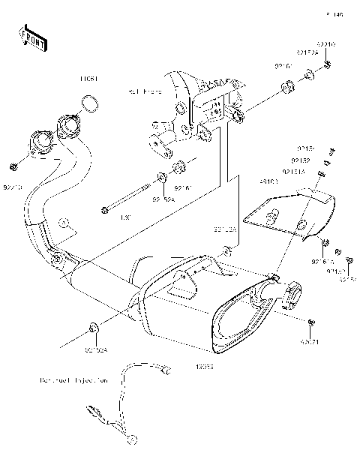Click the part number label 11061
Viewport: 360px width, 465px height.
[x=90, y=78]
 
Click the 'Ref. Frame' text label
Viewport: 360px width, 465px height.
[x=145, y=91]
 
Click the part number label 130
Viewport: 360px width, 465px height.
[x=105, y=217]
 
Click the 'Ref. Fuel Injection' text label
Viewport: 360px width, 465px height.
[x=74, y=381]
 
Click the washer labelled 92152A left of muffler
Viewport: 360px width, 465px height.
[x=91, y=328]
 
